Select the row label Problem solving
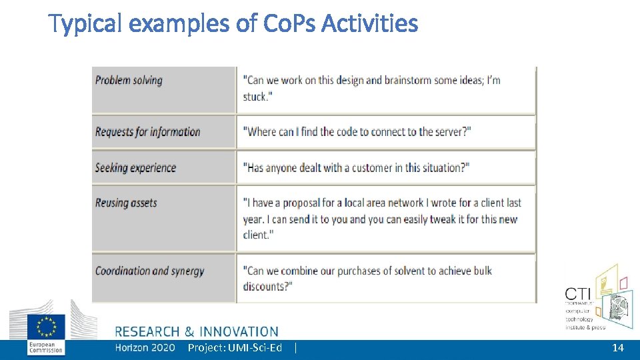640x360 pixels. pos(129,81)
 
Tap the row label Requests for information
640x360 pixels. pos(147,131)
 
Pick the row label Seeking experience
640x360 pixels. pos(135,167)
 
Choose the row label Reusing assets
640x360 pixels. pos(126,203)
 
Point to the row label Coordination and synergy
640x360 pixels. pos(149,271)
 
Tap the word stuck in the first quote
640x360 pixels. pos(255,97)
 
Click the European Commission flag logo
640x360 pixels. pos(46,327)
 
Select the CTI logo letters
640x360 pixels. pos(577,293)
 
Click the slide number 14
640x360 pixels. pos(618,348)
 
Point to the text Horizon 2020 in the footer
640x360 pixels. pos(145,347)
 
